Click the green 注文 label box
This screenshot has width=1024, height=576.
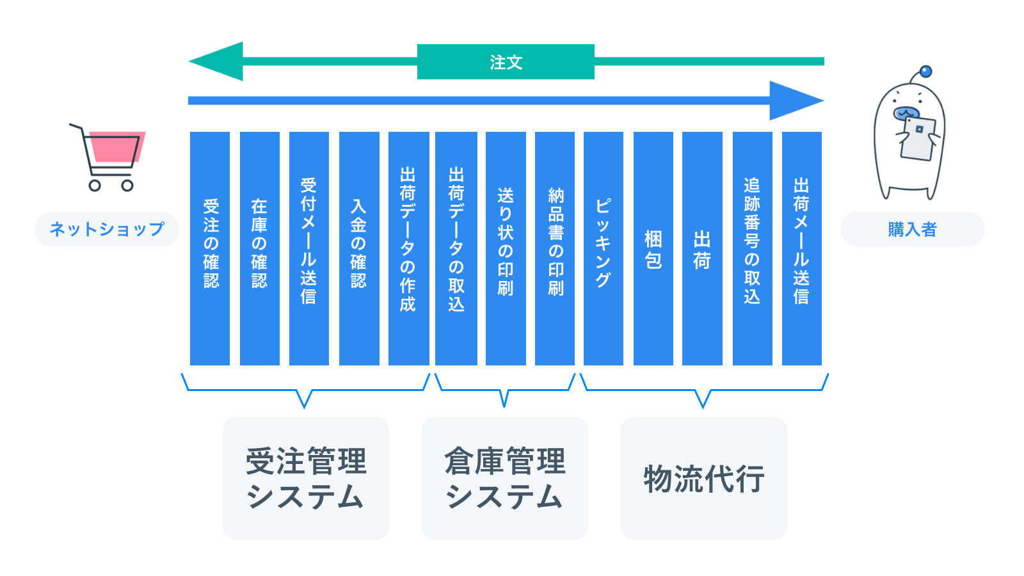point(506,62)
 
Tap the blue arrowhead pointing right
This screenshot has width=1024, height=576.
point(794,100)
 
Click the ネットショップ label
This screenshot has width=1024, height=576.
point(106,229)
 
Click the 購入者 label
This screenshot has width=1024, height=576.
point(912,229)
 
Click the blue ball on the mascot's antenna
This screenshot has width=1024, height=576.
point(925,72)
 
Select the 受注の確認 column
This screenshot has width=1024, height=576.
point(210,248)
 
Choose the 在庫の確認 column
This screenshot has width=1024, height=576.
point(259,248)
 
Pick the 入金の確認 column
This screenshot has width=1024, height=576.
point(358,248)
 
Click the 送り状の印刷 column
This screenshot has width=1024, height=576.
point(506,248)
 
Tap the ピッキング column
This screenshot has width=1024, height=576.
point(604,248)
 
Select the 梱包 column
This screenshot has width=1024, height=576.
point(653,248)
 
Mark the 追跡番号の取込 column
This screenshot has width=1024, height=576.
point(752,248)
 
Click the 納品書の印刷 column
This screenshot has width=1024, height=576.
point(555,248)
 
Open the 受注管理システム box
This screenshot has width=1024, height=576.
point(306,478)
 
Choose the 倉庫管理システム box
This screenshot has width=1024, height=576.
point(505,478)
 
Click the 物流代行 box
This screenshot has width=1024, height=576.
point(704,478)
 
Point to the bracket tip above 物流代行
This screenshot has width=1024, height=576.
point(703,404)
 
